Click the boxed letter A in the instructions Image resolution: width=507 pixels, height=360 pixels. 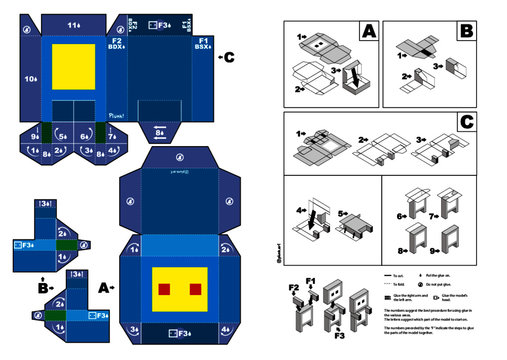(x=368, y=32)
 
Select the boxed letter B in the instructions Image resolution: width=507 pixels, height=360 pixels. (x=465, y=32)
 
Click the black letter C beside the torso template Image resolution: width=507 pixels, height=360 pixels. (x=229, y=56)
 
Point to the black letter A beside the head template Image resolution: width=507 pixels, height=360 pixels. (x=104, y=286)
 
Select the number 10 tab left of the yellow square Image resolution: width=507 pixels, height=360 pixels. (x=31, y=77)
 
